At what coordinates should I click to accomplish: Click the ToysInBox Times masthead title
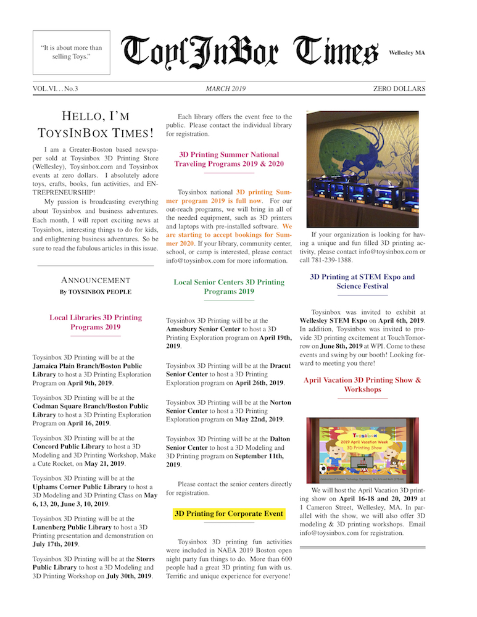point(249,52)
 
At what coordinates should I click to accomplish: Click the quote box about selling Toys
point(71,52)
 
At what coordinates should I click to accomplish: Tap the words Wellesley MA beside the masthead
point(407,53)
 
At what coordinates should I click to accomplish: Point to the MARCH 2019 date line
point(226,89)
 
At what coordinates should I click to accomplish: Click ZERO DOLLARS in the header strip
point(399,89)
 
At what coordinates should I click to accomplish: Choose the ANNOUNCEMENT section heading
point(96,281)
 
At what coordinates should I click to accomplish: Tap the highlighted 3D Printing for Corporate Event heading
point(229,513)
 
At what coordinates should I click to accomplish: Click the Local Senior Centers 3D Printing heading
point(229,286)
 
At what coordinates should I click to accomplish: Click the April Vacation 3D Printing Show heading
point(362,384)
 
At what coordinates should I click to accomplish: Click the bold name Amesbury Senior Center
point(205,330)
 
